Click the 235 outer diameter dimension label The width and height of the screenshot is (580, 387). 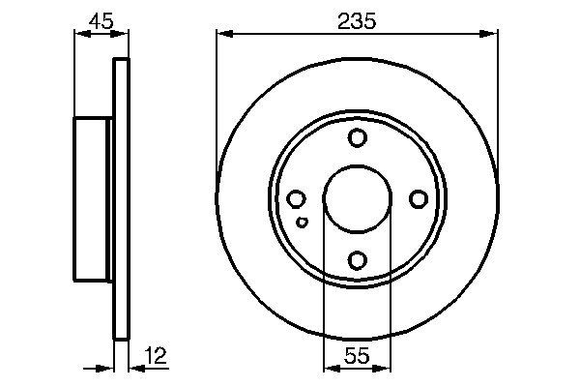(x=357, y=18)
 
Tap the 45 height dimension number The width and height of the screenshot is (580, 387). (x=101, y=18)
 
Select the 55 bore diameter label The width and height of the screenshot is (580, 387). (x=357, y=355)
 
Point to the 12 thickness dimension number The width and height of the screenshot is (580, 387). (x=155, y=355)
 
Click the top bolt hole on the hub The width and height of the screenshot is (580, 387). (x=357, y=137)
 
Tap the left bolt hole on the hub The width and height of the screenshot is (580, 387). (x=297, y=198)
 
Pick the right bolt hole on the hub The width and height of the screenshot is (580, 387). (x=418, y=198)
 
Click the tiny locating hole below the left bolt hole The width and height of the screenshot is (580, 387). (x=303, y=223)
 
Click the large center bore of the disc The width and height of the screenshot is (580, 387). (x=357, y=198)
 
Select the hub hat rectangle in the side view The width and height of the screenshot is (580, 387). (x=93, y=198)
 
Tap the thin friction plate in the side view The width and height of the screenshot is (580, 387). (x=121, y=198)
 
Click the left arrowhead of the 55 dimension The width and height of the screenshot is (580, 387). (x=329, y=368)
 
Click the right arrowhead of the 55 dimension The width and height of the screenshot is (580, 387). (x=385, y=368)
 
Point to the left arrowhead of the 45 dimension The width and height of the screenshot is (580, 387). (x=80, y=34)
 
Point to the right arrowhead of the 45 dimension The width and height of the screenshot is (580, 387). (x=123, y=34)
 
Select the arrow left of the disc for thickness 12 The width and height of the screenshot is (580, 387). (x=106, y=368)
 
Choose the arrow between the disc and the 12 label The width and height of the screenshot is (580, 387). (x=135, y=368)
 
